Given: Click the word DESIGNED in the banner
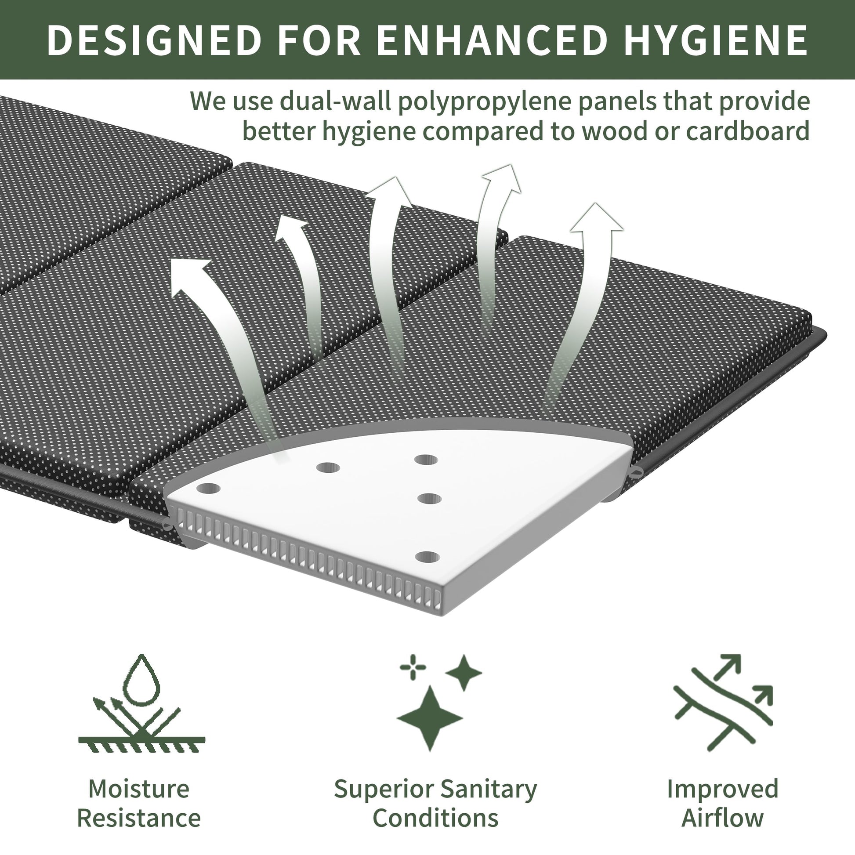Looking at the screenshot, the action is click(x=154, y=40).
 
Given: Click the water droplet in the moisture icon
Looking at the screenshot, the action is click(x=141, y=681).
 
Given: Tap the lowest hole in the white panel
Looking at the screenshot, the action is click(x=427, y=557).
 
